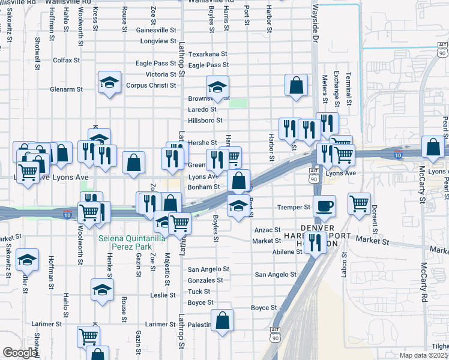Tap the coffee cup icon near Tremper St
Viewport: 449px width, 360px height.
[324, 206]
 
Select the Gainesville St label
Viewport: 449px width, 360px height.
[156, 29]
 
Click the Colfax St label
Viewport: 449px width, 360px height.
[66, 61]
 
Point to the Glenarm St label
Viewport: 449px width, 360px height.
[67, 89]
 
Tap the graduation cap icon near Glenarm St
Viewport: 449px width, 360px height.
[110, 82]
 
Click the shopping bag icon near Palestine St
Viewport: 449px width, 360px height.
[222, 321]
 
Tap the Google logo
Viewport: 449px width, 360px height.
[20, 353]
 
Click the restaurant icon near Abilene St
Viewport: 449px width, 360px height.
[313, 243]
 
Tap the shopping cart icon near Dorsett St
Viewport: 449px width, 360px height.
[359, 203]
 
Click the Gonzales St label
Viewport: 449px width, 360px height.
[206, 280]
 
